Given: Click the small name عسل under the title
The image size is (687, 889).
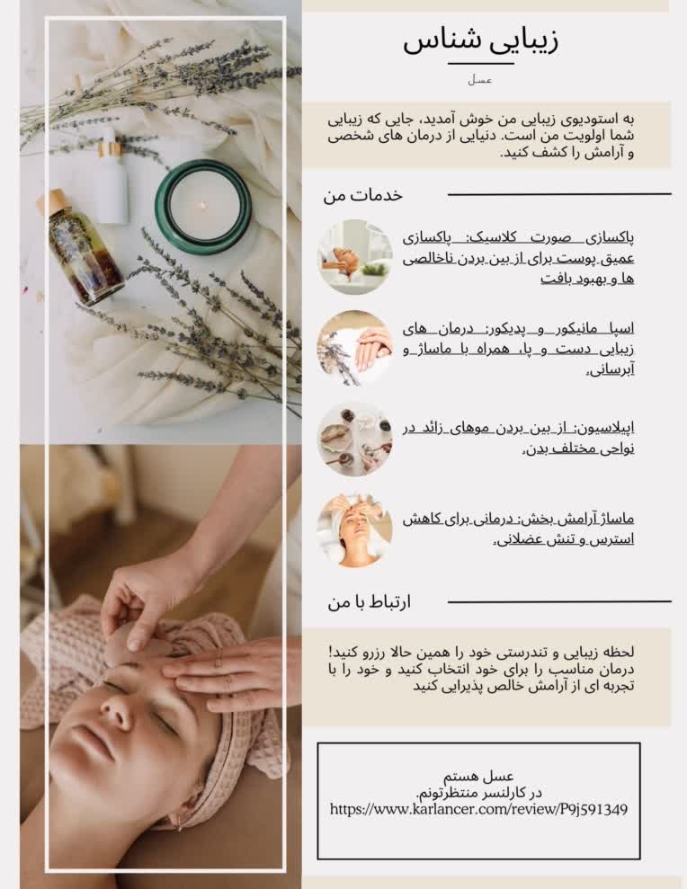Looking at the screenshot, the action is point(480,81).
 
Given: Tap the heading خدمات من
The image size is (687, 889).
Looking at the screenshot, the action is point(363,195).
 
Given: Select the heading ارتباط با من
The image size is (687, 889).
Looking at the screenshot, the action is point(370,602).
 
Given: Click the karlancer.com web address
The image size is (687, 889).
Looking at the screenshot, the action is point(478,809).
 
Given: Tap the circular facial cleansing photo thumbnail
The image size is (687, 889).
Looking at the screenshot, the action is point(355,257).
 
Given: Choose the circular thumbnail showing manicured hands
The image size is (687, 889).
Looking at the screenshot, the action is point(355,348).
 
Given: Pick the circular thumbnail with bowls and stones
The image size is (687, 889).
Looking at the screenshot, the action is point(355,439).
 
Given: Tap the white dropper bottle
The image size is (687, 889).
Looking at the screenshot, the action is point(111,176).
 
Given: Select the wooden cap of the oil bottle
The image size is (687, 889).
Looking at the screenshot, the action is point(51,201).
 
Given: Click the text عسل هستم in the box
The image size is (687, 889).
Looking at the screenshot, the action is point(478,776).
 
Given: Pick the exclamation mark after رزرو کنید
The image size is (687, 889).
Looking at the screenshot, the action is point(331,652).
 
